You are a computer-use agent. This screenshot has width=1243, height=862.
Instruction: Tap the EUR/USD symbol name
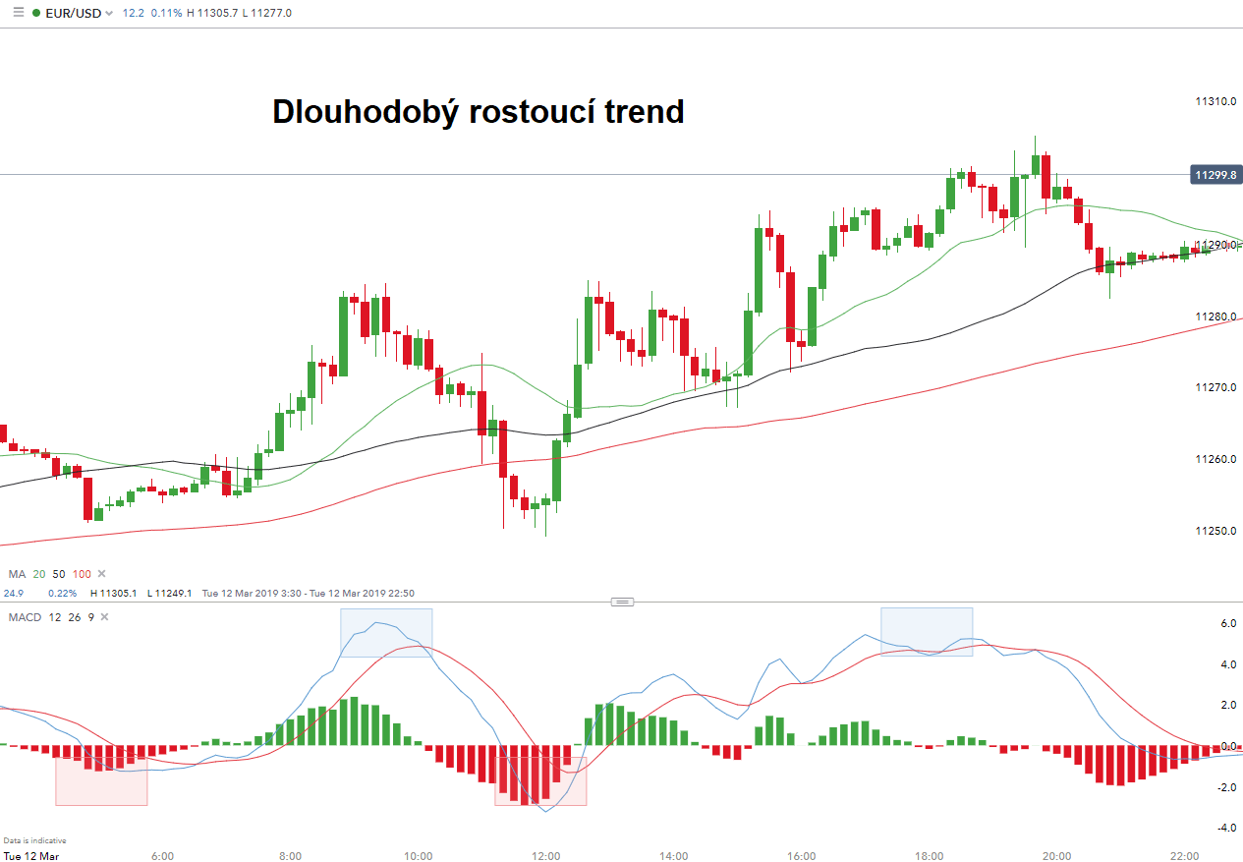[73, 13]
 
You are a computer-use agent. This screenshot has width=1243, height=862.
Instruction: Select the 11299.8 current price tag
[1215, 175]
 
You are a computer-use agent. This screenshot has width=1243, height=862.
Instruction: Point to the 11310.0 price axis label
[1215, 101]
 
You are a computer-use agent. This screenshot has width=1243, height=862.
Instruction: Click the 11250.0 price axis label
[1215, 531]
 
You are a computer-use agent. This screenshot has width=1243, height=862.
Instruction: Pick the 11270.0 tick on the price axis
[1215, 388]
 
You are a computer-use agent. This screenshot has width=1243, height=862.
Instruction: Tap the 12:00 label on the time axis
[546, 856]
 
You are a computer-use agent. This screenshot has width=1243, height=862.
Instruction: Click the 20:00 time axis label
[1057, 856]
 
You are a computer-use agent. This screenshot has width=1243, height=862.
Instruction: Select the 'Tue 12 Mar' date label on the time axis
[30, 856]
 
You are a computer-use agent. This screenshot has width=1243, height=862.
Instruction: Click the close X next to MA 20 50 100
[101, 574]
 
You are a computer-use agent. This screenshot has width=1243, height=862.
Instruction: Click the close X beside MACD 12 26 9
[105, 617]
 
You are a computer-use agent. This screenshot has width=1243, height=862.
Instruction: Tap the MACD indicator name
[25, 617]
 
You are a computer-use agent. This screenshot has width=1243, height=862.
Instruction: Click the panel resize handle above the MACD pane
[622, 602]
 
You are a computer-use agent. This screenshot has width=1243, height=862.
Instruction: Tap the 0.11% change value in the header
[167, 13]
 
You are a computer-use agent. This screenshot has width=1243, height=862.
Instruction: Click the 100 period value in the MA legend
[82, 574]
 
